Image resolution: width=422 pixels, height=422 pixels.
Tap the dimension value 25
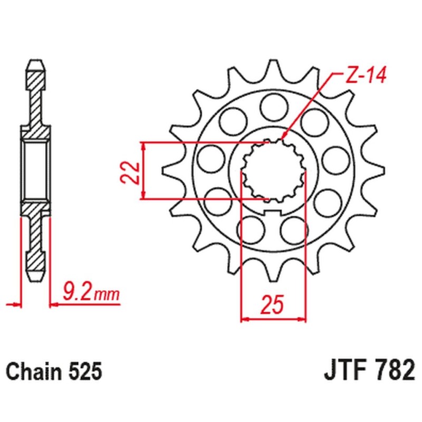pyautogui.click(x=273, y=305)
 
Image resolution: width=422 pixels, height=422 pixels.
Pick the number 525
pyautogui.click(x=83, y=372)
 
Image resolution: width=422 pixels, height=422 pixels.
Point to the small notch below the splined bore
pyautogui.click(x=274, y=212)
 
